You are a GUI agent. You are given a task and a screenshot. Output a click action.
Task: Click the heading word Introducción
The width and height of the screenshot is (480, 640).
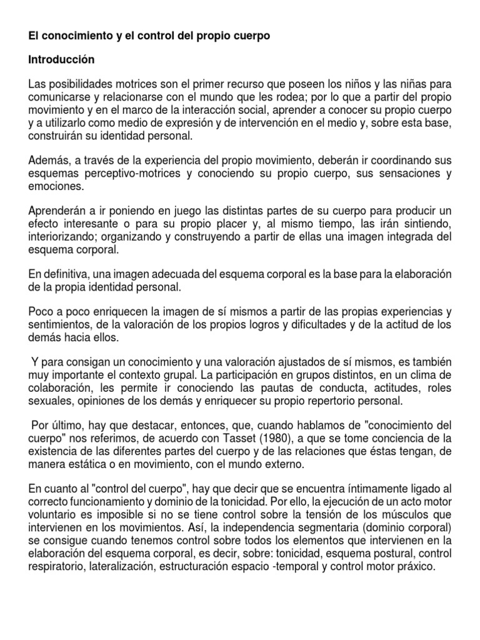point(61,60)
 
